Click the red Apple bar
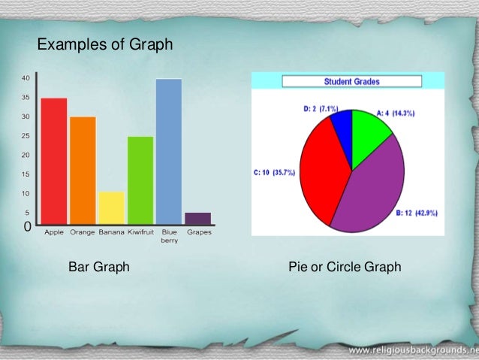click(54, 161)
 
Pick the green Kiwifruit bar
click(140, 180)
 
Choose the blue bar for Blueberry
click(169, 150)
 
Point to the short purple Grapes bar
click(198, 218)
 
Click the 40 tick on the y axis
click(26, 78)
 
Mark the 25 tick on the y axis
click(26, 136)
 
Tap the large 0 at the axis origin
click(27, 225)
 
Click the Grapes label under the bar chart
click(199, 232)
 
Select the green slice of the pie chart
click(369, 135)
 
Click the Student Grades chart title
click(351, 81)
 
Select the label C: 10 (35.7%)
click(275, 172)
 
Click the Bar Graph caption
click(99, 267)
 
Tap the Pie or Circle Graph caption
click(345, 267)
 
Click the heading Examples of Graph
click(105, 46)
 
